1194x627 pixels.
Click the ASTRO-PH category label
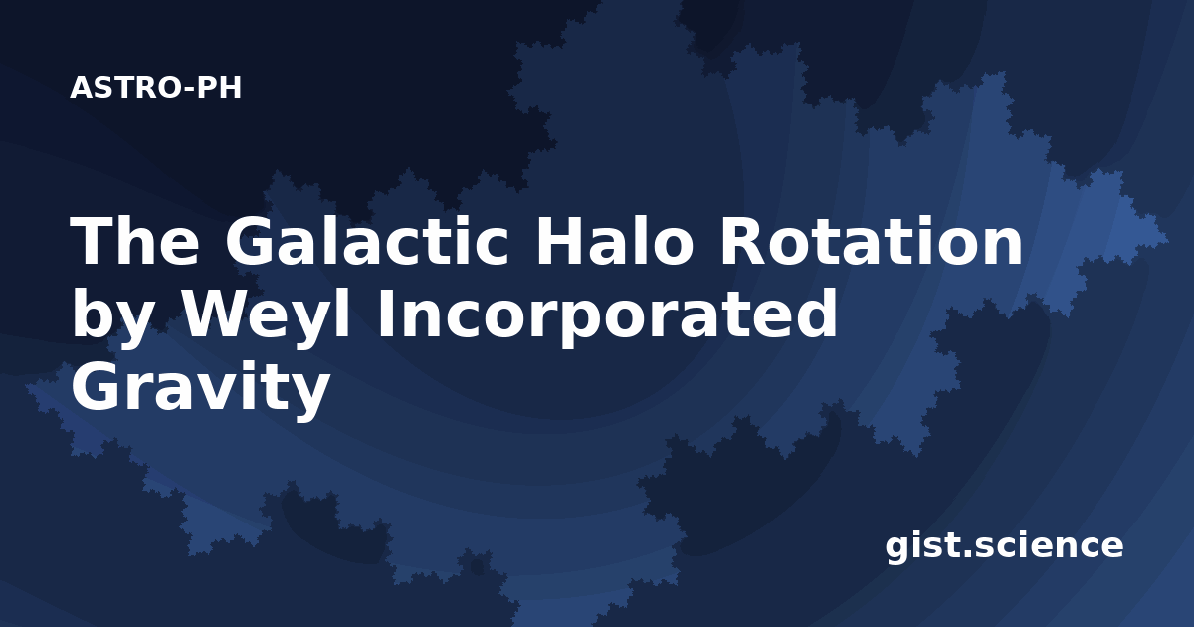(x=155, y=88)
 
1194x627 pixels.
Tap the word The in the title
(x=135, y=241)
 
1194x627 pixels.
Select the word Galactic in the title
(x=367, y=241)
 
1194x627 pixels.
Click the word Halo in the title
(x=614, y=240)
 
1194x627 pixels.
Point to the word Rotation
(x=872, y=241)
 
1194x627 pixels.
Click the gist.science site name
(x=1004, y=546)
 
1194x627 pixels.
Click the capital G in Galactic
(x=250, y=241)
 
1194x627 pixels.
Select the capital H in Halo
(x=560, y=241)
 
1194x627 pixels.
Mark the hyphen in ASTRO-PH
(x=189, y=89)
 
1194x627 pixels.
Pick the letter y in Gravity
(x=310, y=397)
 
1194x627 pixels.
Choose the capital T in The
(x=92, y=241)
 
